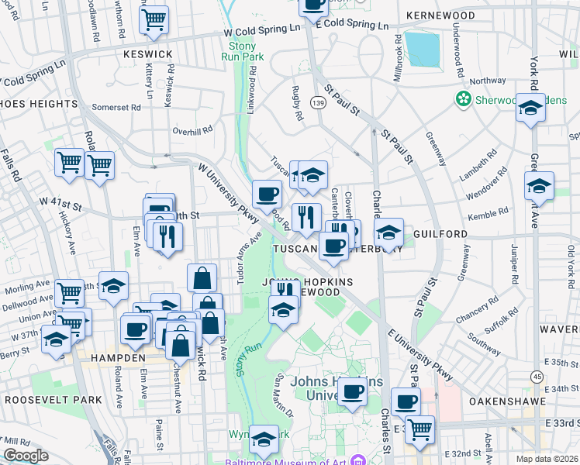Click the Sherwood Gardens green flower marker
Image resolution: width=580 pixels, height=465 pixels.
(x=464, y=99)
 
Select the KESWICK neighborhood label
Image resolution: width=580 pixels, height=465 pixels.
(x=147, y=54)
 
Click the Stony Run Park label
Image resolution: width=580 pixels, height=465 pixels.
(x=242, y=51)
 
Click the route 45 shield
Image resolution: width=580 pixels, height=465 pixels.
(x=536, y=377)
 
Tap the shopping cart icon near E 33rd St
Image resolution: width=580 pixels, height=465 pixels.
(x=420, y=429)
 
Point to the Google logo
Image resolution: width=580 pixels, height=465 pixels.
(x=26, y=456)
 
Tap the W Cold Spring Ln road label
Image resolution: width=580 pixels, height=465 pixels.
(x=261, y=30)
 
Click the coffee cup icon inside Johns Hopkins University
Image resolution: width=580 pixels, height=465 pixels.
(x=353, y=391)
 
